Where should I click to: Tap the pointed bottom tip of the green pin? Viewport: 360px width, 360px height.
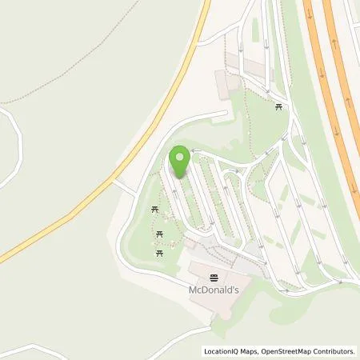180,178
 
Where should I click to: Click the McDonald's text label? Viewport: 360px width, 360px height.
214,290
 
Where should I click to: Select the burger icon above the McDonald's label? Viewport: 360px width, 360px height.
214,278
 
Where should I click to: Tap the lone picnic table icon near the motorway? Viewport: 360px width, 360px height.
278,106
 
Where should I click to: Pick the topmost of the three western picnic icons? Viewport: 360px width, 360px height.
155,210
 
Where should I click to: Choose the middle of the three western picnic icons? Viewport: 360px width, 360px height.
161,234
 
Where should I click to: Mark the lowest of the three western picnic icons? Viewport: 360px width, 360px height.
159,251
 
